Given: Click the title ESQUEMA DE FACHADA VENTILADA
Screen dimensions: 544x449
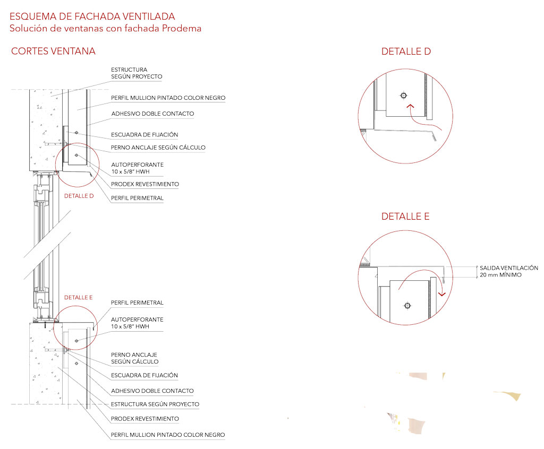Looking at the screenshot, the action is tap(92, 16).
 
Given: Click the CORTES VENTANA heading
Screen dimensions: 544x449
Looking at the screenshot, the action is tap(53, 51).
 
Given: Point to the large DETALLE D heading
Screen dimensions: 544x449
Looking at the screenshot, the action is tap(406, 51).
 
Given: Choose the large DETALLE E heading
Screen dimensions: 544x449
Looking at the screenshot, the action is tap(405, 217).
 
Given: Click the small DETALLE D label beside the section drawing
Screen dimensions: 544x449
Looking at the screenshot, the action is tap(79, 196).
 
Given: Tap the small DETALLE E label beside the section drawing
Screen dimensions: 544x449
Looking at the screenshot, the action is tap(79, 298).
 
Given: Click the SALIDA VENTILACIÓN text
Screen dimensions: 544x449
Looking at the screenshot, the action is tap(508, 268).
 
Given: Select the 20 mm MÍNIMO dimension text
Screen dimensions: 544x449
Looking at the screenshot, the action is tap(500, 275).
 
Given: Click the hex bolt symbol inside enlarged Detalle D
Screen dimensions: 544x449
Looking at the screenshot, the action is tap(404, 96).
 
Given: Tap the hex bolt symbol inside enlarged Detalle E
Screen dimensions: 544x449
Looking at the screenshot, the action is tap(407, 306).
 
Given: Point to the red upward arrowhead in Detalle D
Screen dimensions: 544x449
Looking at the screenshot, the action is tap(410, 106).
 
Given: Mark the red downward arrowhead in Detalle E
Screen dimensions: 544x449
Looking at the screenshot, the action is tap(441, 295).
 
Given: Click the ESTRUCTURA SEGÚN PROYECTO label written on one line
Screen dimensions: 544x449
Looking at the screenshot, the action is tap(155, 404).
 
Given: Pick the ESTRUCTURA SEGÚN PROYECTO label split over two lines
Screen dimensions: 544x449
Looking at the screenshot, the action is tap(137, 73).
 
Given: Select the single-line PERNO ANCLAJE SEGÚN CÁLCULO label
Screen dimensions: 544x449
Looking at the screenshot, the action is tap(158, 148).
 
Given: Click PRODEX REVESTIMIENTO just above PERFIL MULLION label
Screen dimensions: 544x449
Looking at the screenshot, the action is tap(144, 419).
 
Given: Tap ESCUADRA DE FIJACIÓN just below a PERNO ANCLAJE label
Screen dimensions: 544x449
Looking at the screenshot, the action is tap(144, 375).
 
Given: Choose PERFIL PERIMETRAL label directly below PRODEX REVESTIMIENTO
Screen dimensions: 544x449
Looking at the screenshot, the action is tap(137, 198).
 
